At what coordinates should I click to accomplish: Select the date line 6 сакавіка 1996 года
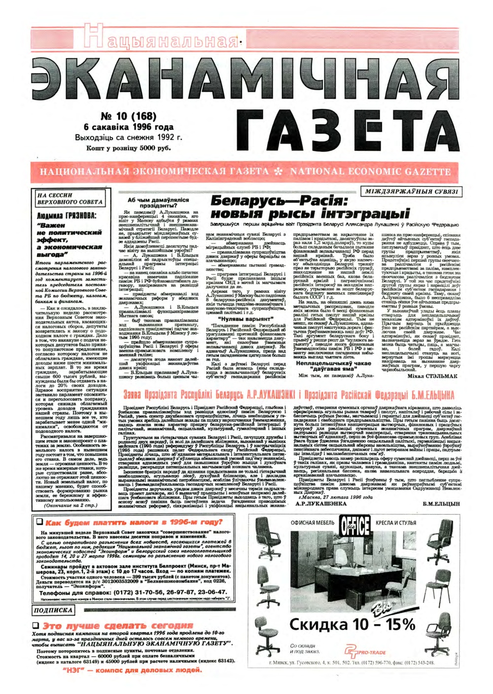(x=129, y=127)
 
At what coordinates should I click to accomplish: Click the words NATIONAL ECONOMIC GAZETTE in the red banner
(x=370, y=172)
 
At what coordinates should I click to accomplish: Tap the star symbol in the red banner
(x=280, y=172)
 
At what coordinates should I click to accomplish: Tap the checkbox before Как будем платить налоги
(x=40, y=521)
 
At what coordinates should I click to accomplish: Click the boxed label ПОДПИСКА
(x=53, y=610)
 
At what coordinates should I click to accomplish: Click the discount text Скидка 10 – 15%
(x=352, y=625)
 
